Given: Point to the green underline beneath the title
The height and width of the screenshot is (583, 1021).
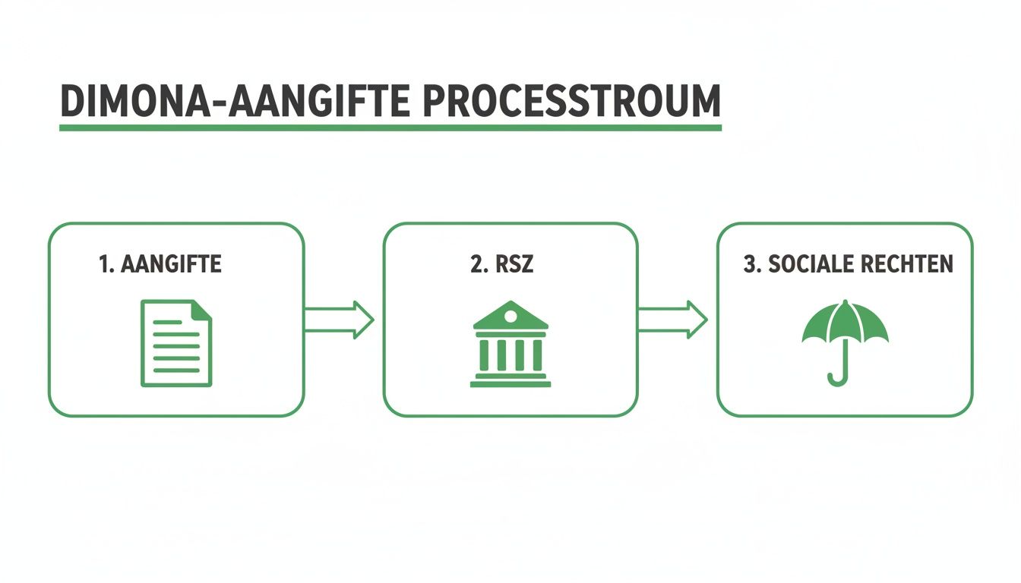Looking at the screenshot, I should pos(390,128).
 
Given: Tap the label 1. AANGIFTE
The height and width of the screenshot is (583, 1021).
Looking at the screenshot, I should pos(160,265).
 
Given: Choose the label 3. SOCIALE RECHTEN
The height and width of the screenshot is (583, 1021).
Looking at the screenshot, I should pos(848,265).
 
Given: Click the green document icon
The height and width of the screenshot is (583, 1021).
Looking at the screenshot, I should pos(176,342).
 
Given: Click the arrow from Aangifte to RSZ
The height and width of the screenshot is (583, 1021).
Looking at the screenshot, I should pos(339,320).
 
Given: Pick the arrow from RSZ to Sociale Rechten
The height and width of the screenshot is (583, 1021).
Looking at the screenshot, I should pos(672,320).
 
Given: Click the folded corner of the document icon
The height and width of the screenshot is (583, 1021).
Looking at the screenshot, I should pos(202,309).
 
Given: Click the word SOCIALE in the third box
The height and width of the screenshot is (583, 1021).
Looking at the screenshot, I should pos(811,265).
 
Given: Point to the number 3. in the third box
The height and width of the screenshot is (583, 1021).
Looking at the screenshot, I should pos(752,265).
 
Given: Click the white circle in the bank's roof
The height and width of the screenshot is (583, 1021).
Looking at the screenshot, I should pos(510,315).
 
